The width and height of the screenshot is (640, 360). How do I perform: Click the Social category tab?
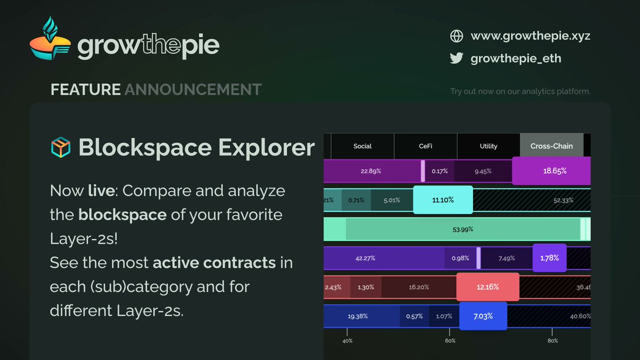coord(362,146)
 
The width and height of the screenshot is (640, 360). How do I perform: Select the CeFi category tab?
coord(426,146)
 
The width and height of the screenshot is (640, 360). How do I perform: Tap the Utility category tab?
coord(489,146)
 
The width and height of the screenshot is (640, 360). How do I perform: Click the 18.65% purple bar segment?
coord(551,171)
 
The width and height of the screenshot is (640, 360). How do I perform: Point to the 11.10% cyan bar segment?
coord(443,199)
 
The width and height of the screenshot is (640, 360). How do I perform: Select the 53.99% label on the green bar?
coord(463,229)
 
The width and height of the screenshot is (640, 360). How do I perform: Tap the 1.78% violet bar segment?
coord(549,258)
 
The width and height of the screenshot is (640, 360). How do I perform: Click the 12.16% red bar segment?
coord(487,287)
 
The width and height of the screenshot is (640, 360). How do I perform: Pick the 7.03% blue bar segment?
coord(483,316)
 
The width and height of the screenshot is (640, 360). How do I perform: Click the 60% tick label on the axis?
coord(450,341)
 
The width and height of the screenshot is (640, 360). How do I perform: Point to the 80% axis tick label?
coord(553,341)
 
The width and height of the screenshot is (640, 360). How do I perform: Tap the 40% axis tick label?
coord(347,341)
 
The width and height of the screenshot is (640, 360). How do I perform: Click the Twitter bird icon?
coord(457,58)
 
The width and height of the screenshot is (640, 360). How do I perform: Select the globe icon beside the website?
coord(457,36)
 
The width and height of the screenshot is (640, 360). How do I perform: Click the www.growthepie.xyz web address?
coord(530,36)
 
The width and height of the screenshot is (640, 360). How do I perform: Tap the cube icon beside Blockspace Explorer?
coord(61,147)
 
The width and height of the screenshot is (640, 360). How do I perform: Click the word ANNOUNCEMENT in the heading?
coord(193,90)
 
